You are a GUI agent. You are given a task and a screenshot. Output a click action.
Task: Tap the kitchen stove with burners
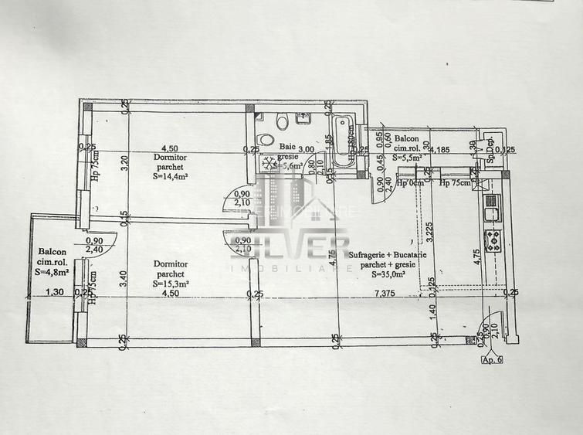pyautogui.click(x=492, y=240)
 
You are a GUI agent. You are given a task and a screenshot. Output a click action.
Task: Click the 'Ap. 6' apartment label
pyautogui.click(x=491, y=359)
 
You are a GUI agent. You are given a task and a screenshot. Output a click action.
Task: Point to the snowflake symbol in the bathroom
pyautogui.click(x=269, y=163)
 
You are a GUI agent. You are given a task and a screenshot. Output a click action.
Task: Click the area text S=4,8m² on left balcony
pyautogui.click(x=52, y=271)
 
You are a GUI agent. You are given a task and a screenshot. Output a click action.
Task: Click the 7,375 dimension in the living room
pyautogui.click(x=386, y=294)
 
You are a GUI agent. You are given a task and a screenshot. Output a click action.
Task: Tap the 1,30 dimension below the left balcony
pyautogui.click(x=54, y=292)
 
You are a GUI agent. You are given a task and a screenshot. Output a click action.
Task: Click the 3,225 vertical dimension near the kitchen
pyautogui.click(x=429, y=233)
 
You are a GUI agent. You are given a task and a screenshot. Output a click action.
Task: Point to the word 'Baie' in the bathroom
pyautogui.click(x=286, y=146)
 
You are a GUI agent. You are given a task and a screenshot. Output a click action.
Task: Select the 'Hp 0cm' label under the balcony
pyautogui.click(x=411, y=183)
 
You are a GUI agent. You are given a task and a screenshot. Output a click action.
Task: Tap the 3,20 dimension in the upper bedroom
pyautogui.click(x=122, y=163)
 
